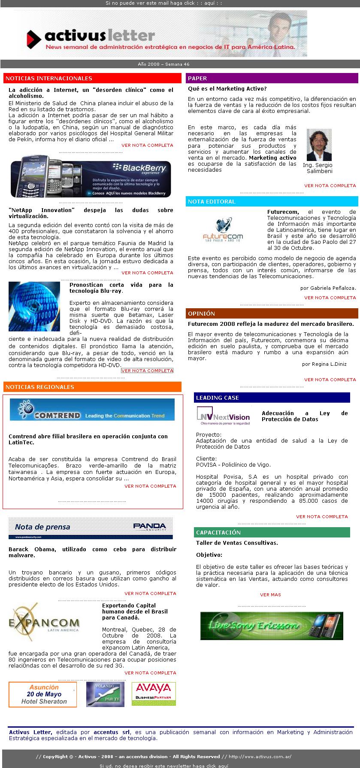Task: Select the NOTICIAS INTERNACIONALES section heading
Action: tap(92, 78)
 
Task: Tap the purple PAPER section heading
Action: tap(272, 78)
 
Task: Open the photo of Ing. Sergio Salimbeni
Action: tap(319, 145)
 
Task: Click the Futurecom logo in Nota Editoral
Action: tap(223, 230)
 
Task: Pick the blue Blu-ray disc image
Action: tap(34, 307)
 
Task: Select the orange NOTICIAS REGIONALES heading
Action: tap(92, 387)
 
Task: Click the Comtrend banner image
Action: tap(92, 410)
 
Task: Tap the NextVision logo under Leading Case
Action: tap(223, 416)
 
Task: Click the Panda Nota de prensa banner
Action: tap(91, 528)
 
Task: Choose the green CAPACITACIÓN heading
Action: tap(272, 532)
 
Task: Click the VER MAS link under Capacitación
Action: tap(270, 595)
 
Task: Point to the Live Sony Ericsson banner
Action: tap(272, 626)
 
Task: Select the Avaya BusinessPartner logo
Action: tap(154, 694)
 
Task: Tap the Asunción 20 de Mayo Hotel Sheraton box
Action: tap(43, 694)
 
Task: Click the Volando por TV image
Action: tap(105, 694)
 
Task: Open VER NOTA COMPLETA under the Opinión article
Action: tap(330, 379)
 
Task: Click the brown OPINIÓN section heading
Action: tap(272, 313)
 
